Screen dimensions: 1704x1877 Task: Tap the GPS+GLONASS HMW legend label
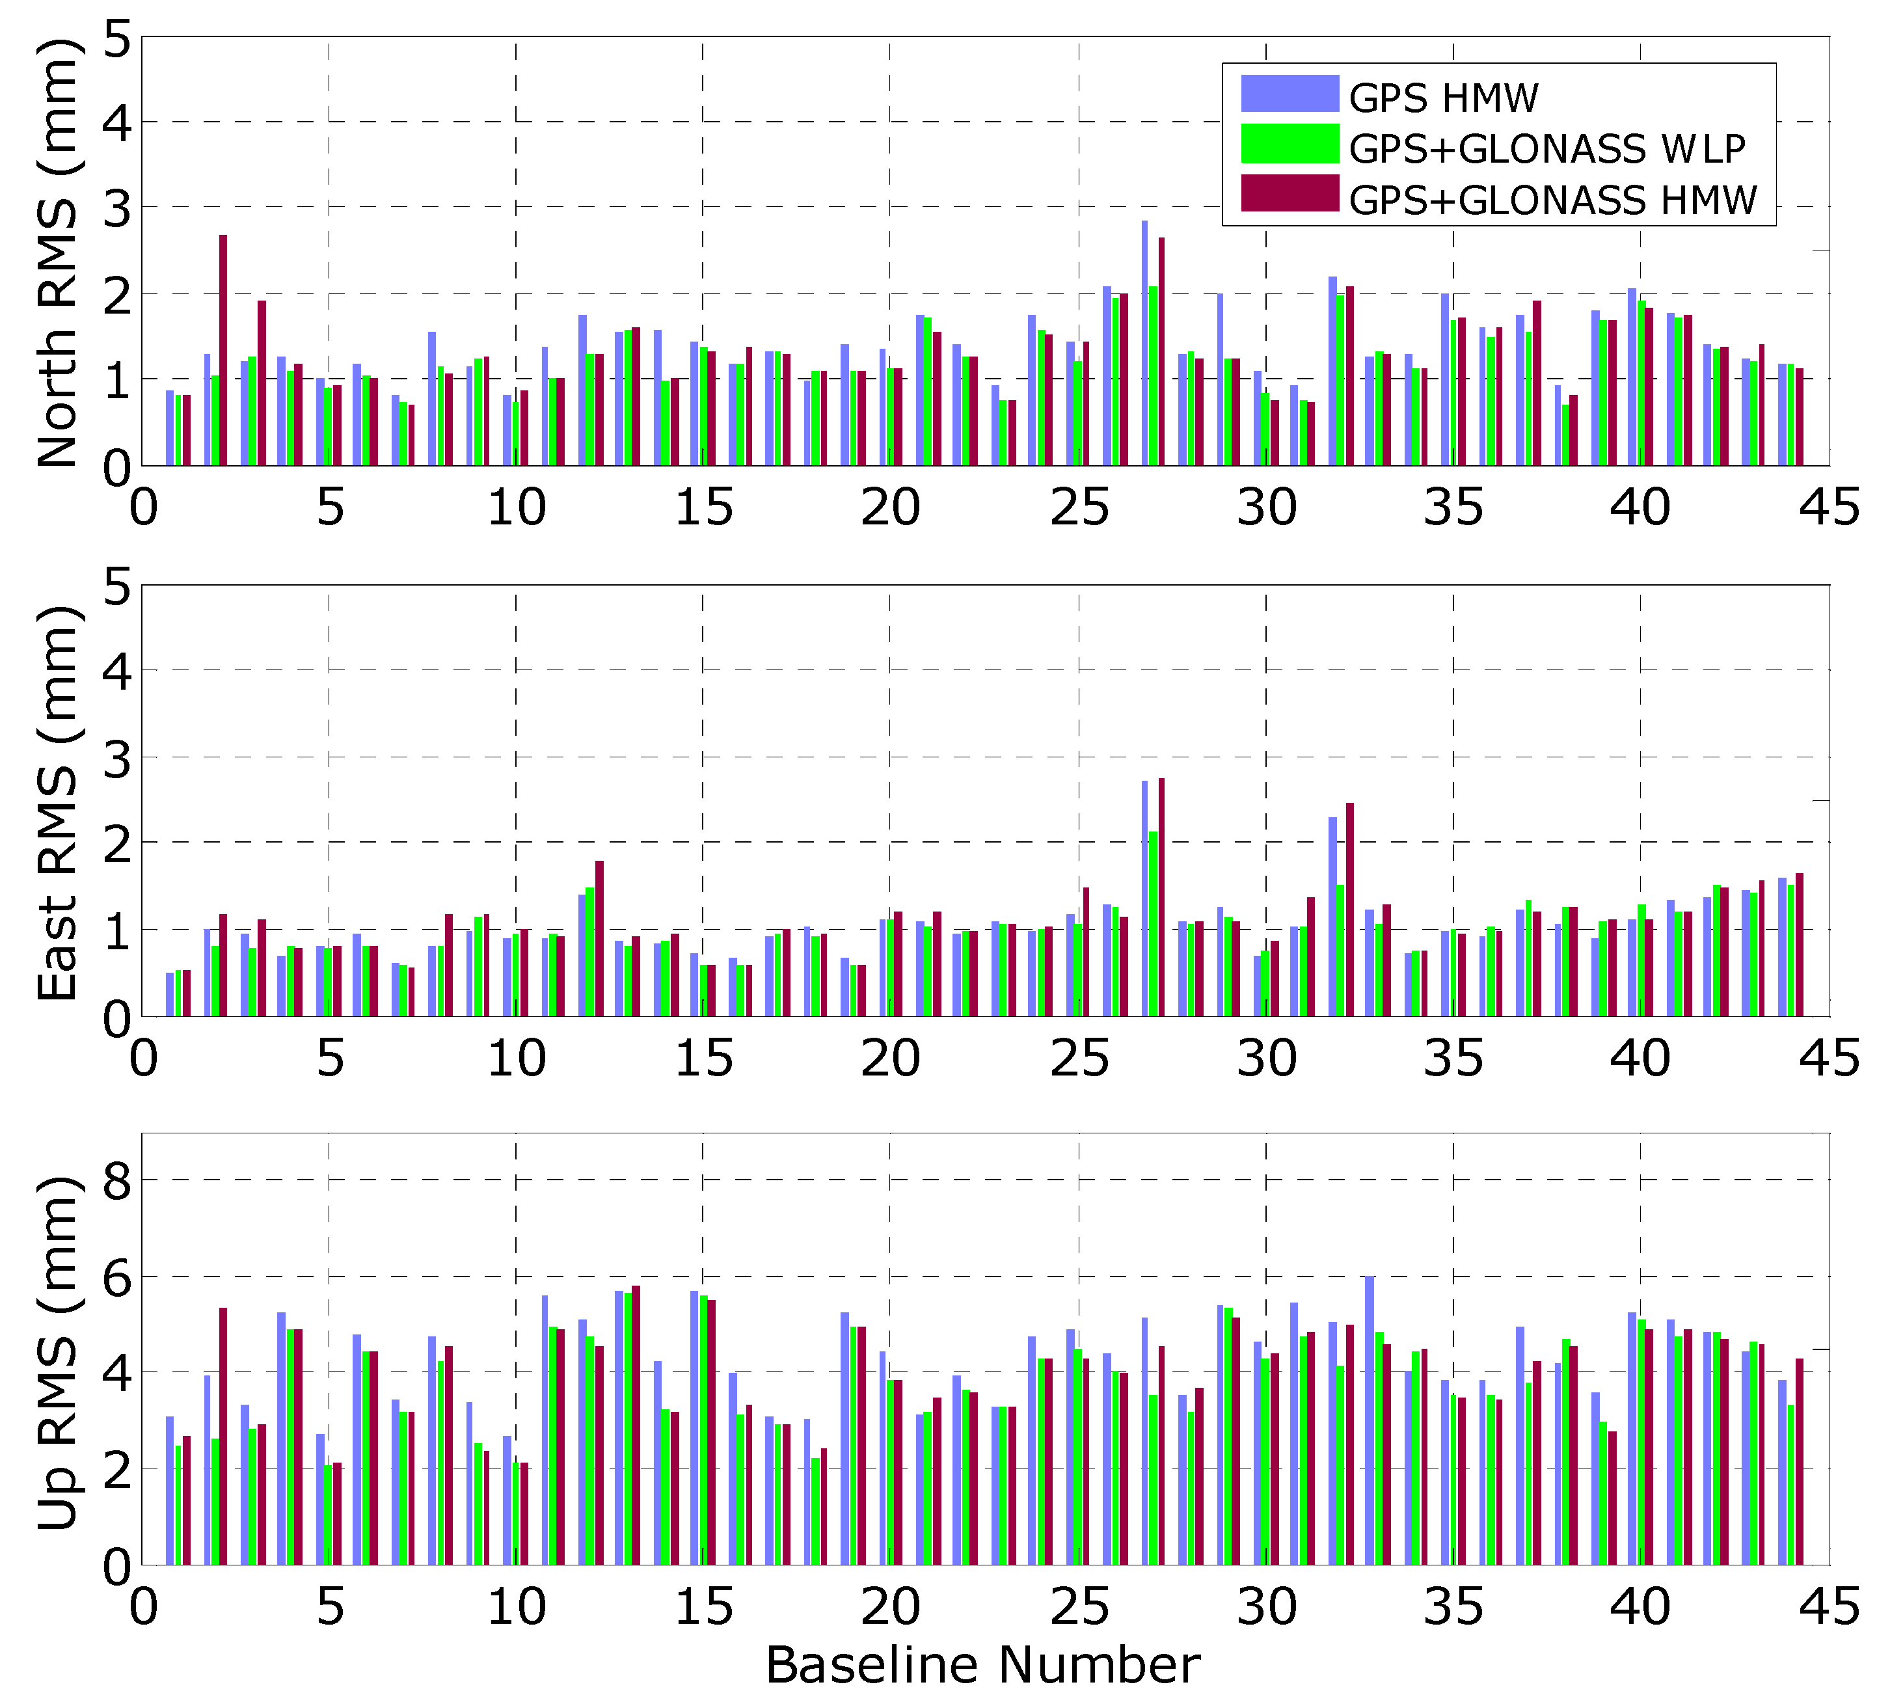point(1552,200)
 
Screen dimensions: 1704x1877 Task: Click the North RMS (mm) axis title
point(58,251)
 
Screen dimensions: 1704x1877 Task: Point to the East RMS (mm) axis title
point(58,803)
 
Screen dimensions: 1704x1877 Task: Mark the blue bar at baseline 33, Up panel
point(1370,1420)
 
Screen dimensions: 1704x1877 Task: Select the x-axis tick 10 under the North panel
point(517,508)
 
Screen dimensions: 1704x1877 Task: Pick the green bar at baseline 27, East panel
point(1153,924)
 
